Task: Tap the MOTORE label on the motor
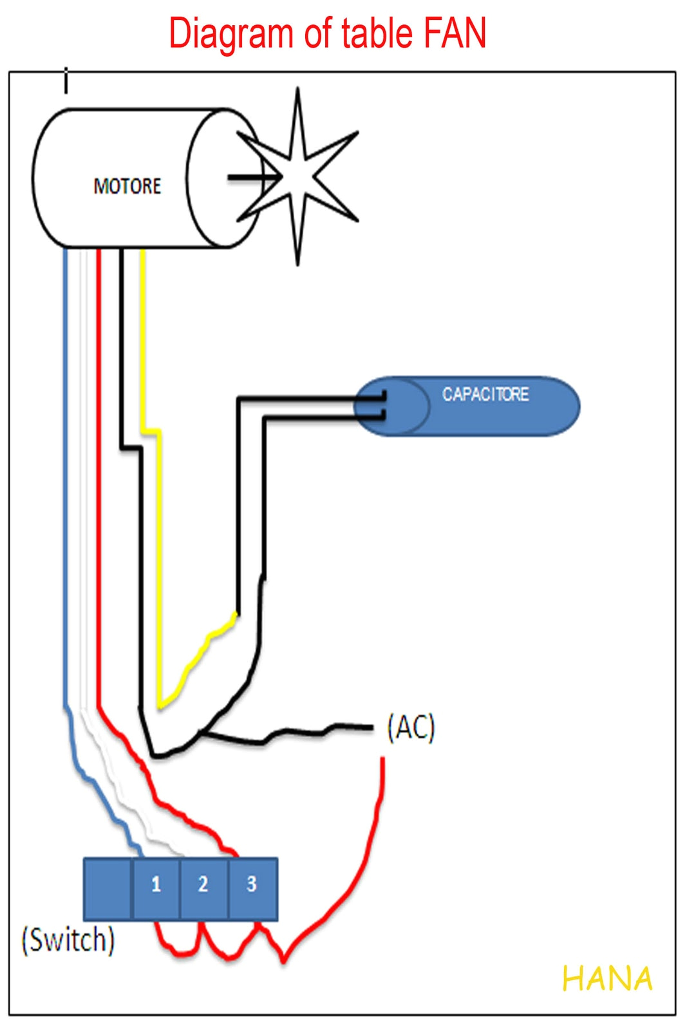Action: coord(127,187)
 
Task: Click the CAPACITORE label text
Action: coord(485,394)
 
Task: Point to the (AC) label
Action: coord(411,727)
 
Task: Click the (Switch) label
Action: coord(68,940)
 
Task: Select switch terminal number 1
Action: coord(156,885)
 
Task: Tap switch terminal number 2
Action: coord(203,885)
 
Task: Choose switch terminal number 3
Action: coord(252,885)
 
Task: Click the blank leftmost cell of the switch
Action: coord(108,888)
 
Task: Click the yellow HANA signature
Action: coord(607,979)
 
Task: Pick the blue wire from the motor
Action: coord(65,450)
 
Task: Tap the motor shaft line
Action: coord(245,178)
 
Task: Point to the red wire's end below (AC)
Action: coord(383,762)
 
